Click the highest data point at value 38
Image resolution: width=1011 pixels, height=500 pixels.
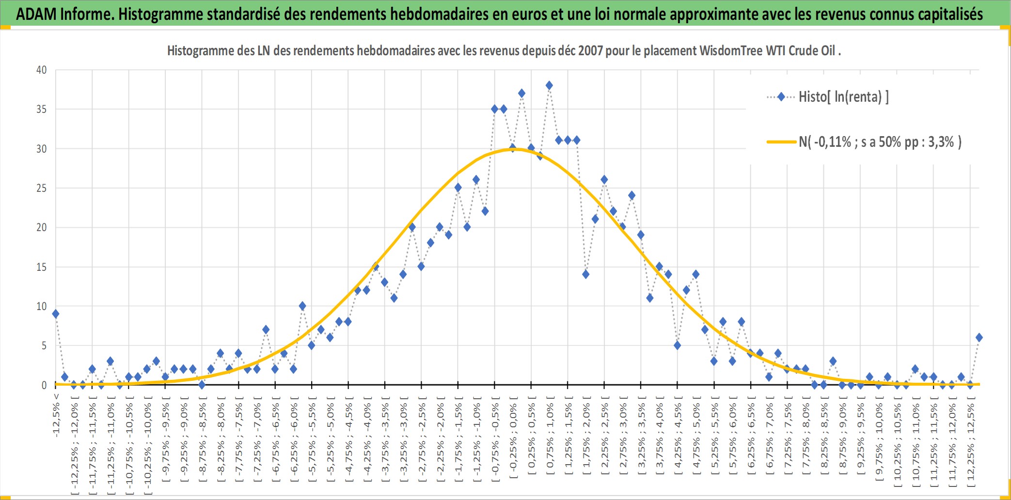tap(549, 85)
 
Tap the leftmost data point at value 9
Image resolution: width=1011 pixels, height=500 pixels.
tap(56, 314)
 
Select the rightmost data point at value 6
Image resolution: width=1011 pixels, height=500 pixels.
tap(979, 338)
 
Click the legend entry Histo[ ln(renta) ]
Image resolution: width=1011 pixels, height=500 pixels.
tap(828, 97)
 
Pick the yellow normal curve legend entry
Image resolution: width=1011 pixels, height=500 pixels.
tap(864, 142)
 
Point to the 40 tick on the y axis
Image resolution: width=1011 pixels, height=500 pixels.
tap(42, 70)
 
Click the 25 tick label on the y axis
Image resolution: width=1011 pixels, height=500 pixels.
tap(42, 188)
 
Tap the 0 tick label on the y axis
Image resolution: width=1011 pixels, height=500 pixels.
tap(44, 385)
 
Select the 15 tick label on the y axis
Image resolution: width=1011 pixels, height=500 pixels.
tap(42, 267)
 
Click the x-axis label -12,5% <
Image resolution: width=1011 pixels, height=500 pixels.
tap(56, 415)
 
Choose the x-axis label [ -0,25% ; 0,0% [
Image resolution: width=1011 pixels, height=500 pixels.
tap(513, 437)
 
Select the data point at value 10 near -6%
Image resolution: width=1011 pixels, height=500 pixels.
tap(302, 306)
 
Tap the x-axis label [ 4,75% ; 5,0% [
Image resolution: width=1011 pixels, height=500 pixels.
tap(696, 437)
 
